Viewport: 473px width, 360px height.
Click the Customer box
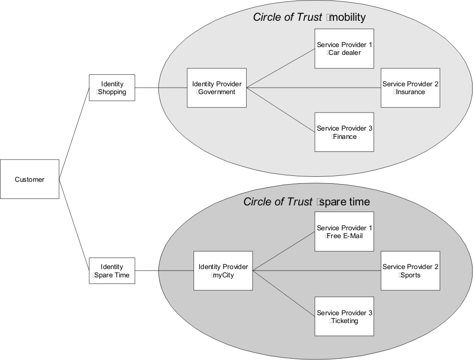click(x=30, y=179)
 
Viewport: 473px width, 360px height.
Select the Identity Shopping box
click(x=112, y=88)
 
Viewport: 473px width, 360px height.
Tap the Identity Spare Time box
click(x=112, y=270)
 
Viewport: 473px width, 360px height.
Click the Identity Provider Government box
click(x=217, y=88)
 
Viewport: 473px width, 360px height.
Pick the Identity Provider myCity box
click(x=223, y=270)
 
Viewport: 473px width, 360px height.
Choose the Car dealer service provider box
click(x=344, y=48)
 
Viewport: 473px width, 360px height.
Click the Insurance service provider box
click(x=410, y=88)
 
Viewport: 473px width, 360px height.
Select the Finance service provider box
click(x=344, y=132)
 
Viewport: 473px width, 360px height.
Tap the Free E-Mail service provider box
click(x=344, y=232)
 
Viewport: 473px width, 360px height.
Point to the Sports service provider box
click(x=410, y=270)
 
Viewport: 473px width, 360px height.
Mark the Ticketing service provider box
click(x=344, y=316)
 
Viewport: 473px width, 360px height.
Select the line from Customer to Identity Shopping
click(x=74, y=133)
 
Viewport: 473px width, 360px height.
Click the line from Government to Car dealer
click(x=280, y=69)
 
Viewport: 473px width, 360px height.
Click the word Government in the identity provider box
click(x=217, y=92)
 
